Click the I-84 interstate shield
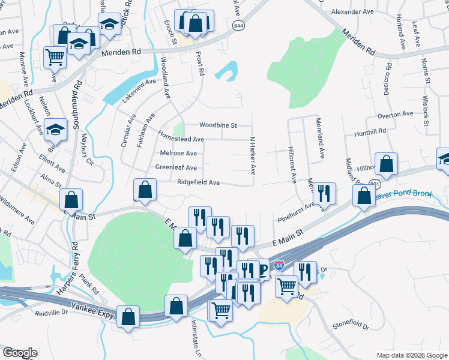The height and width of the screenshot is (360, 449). (279, 265)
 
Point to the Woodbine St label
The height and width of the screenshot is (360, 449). (218, 125)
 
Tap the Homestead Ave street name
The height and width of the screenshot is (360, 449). (181, 139)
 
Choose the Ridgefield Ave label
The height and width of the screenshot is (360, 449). (198, 182)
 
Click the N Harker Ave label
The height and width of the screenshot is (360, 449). (253, 155)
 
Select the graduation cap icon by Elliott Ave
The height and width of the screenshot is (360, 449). (55, 130)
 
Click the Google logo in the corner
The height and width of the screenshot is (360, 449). (20, 353)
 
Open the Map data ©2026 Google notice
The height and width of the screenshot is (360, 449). (411, 355)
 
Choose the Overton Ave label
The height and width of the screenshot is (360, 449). (395, 113)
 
